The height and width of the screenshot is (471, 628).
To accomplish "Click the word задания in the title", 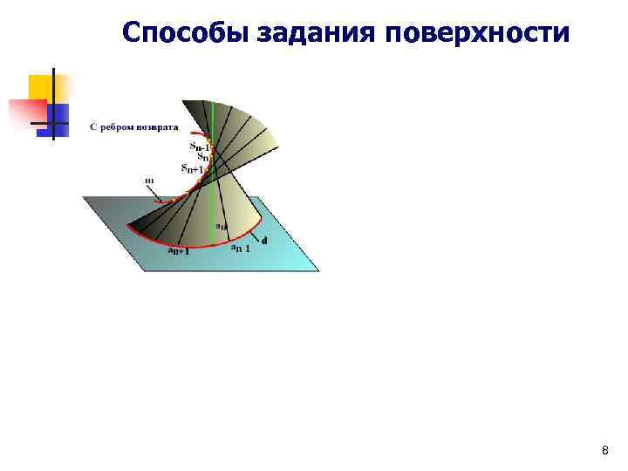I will pyautogui.click(x=316, y=32).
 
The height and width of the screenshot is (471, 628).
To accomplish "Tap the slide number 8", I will pyautogui.click(x=605, y=450).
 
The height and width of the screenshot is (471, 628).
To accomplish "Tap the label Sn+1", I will pyautogui.click(x=192, y=168).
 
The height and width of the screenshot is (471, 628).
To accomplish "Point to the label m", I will pyautogui.click(x=149, y=181).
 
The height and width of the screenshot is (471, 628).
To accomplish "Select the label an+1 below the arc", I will pyautogui.click(x=178, y=251).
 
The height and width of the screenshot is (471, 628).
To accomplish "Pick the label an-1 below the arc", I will pyautogui.click(x=241, y=249).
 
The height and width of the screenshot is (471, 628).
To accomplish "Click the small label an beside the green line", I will pyautogui.click(x=221, y=226).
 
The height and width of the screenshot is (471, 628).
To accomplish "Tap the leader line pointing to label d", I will pyautogui.click(x=256, y=236).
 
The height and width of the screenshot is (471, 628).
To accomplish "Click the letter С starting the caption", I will pyautogui.click(x=92, y=126).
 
